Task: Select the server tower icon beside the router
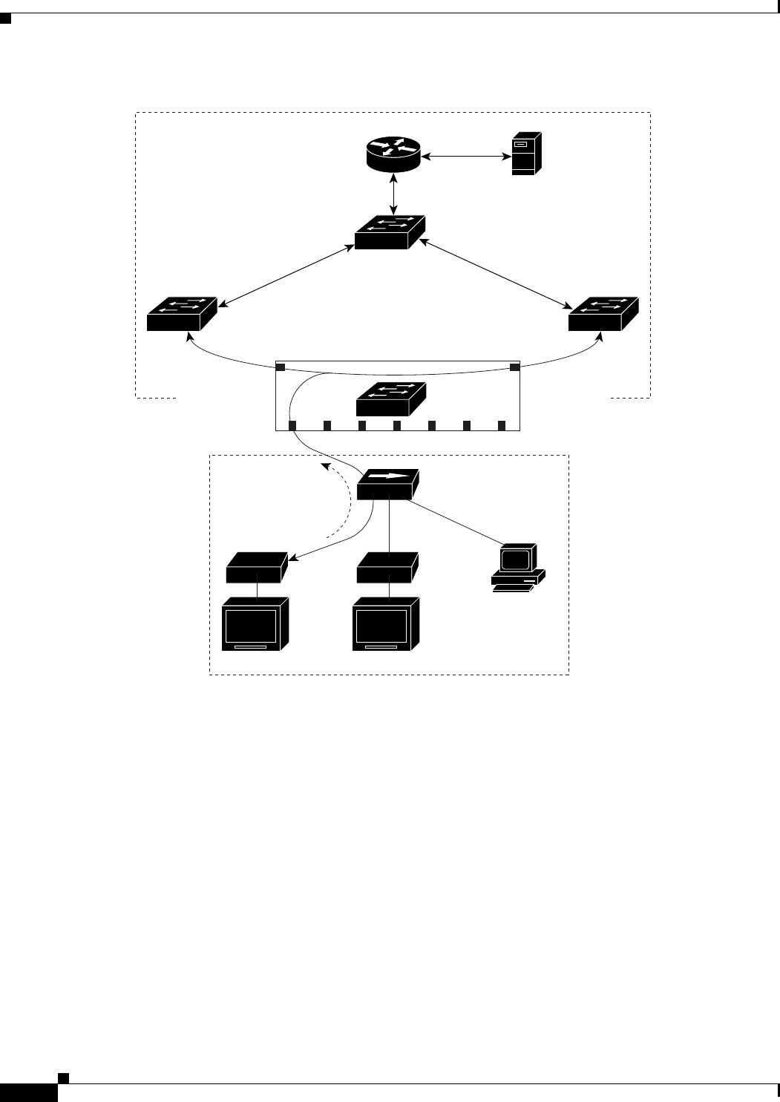[525, 154]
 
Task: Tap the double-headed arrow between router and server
[464, 156]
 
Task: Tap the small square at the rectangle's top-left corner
[281, 367]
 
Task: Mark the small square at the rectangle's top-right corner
[514, 367]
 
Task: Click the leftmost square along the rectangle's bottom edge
[292, 425]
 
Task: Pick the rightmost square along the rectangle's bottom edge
[502, 425]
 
